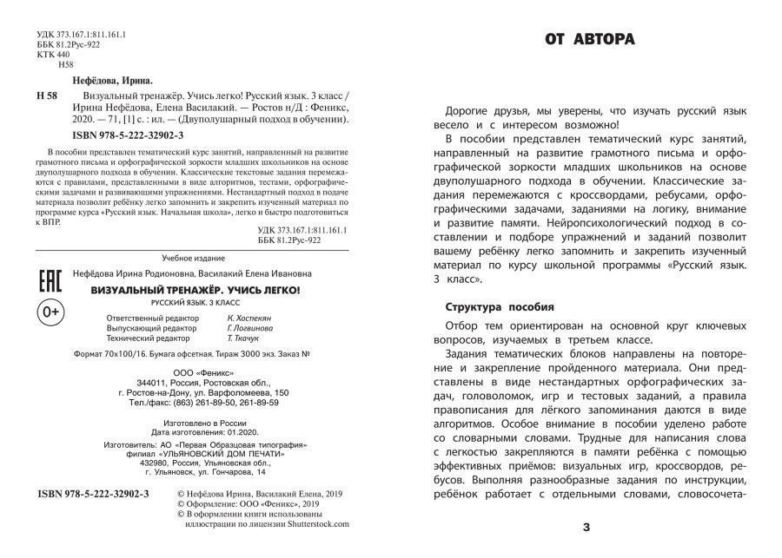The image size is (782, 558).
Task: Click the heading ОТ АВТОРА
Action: (589, 39)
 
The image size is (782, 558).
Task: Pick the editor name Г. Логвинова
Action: (249, 329)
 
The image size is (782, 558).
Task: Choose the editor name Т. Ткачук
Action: (243, 339)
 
